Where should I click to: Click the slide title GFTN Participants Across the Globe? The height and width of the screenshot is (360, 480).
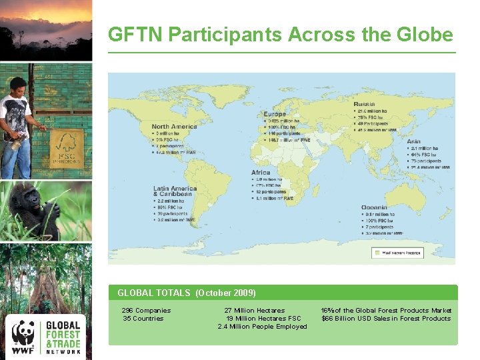281,35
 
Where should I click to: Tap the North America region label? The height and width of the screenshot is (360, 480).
174,127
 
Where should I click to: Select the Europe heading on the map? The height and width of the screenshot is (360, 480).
275,114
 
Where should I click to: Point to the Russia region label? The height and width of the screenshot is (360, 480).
364,104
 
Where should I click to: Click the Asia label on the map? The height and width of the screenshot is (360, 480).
414,141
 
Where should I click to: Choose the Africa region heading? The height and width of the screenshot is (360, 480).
261,173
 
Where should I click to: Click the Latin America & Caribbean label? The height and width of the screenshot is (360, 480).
175,191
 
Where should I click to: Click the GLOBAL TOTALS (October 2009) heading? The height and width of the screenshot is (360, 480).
186,293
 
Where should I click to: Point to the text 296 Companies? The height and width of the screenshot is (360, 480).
146,310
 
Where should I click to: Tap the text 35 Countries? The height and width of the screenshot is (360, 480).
143,318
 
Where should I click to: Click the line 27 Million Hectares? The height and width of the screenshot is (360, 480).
254,310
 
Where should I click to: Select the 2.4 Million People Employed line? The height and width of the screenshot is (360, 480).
262,326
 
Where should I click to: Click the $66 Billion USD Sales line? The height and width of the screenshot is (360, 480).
386,318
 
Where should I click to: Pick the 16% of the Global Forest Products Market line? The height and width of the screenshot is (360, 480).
386,310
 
